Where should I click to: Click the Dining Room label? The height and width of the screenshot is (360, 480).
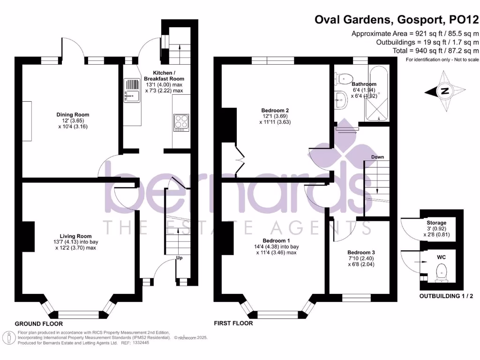[73, 114]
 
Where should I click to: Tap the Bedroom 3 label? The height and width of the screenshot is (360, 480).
[360, 252]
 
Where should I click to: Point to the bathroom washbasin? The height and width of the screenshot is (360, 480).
[342, 99]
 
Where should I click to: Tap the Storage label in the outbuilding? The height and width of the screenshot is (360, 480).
[436, 223]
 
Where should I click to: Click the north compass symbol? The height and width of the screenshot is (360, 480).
[445, 91]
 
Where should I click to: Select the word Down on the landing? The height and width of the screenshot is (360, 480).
[377, 157]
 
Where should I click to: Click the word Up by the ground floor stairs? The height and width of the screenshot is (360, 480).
[180, 258]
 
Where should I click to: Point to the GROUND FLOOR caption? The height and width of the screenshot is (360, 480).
[39, 324]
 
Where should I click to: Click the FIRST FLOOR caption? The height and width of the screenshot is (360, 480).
[233, 323]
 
